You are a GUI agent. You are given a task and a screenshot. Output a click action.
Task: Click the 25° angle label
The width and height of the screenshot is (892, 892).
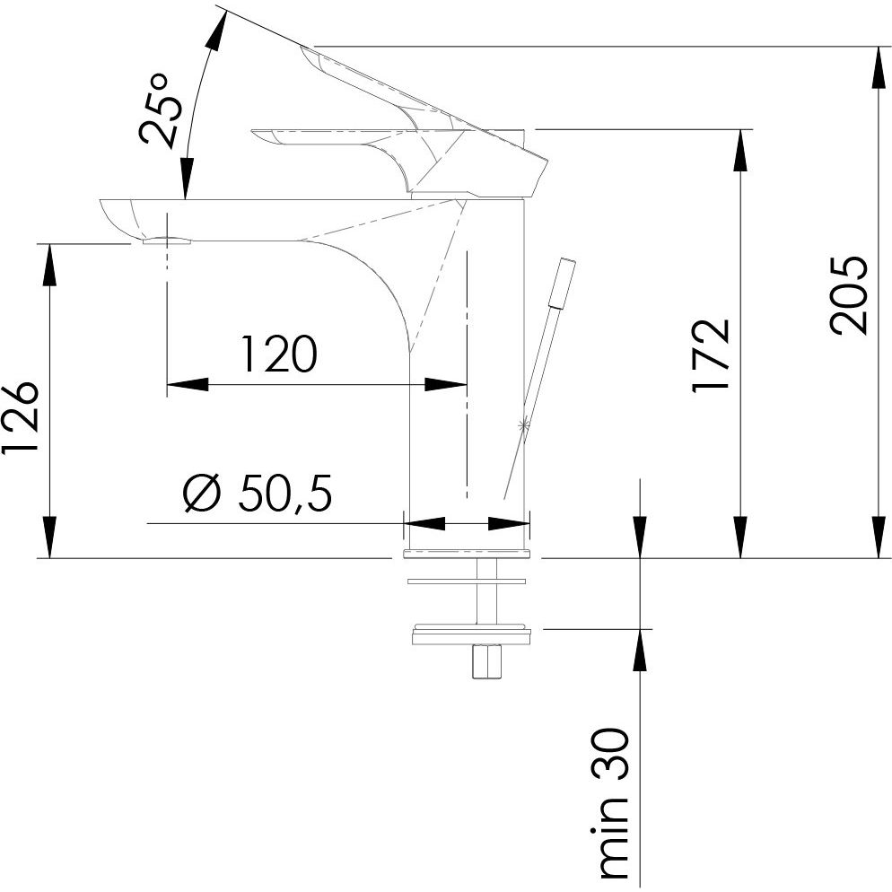point(161,109)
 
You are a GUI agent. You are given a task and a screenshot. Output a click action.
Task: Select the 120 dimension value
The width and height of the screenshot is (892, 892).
point(279,354)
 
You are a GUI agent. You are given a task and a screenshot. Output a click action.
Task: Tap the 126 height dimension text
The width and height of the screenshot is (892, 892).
point(20,417)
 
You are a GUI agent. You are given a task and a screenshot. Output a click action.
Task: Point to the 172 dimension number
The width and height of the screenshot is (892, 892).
point(711,355)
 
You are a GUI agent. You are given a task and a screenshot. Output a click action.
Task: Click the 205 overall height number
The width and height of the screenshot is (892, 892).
point(849,295)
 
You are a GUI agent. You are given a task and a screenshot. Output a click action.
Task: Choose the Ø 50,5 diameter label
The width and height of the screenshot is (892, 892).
point(258,493)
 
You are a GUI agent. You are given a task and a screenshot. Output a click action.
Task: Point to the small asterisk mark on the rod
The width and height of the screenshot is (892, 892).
point(523,424)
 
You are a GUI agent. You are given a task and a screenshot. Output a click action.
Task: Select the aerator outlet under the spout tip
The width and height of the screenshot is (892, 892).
point(166,240)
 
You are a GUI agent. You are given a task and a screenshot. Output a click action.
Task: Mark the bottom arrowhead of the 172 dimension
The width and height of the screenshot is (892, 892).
point(740,537)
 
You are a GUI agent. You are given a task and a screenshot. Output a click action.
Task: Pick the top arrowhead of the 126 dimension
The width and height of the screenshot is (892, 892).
point(50,265)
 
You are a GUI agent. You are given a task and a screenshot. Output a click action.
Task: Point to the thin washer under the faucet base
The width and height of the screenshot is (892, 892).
point(467,582)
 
